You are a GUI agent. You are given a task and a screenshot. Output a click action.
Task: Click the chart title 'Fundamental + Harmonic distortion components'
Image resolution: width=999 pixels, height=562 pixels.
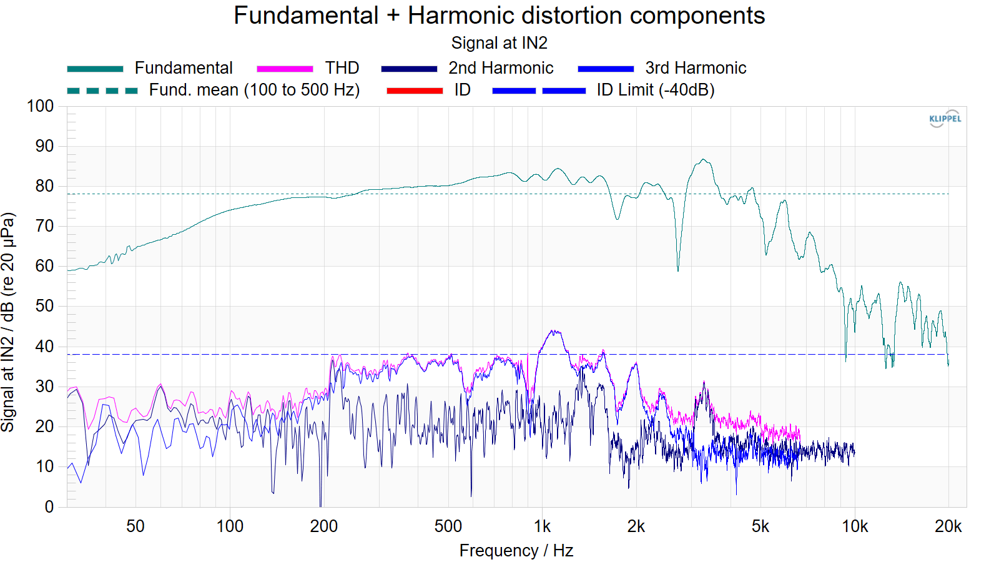point(499,16)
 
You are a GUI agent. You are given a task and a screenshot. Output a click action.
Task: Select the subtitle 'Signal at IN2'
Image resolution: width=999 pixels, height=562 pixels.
point(499,43)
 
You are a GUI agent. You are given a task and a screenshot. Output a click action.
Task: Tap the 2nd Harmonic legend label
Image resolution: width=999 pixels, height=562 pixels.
point(501,68)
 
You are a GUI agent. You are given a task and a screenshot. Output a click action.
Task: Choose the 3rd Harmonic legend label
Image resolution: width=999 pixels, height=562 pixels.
point(696,68)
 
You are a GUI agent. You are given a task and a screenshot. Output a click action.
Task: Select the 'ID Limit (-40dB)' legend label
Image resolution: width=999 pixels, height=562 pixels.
point(656,90)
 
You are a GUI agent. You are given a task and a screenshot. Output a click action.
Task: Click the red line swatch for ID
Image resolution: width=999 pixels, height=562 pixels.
point(415,91)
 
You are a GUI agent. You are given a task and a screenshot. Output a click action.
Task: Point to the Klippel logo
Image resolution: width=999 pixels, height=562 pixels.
point(945,119)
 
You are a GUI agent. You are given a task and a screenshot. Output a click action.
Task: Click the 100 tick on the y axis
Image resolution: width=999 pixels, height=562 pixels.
point(40,107)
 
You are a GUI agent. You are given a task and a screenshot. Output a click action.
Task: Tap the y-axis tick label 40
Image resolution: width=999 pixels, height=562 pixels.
point(44,347)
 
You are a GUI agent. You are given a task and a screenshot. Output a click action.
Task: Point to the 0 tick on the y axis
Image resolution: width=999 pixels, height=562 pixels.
point(49,506)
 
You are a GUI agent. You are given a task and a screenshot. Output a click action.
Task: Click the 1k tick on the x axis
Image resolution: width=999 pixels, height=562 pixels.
point(542,527)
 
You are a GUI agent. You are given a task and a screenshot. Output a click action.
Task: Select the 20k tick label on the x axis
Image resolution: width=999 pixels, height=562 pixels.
point(948,527)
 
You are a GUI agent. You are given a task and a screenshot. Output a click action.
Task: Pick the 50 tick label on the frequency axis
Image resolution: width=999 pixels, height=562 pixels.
point(135,527)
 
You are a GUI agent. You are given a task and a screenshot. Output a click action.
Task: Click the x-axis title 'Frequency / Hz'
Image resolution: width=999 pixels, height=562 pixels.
point(516,551)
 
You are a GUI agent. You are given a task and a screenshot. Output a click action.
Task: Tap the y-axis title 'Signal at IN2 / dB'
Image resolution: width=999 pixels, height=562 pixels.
point(7,322)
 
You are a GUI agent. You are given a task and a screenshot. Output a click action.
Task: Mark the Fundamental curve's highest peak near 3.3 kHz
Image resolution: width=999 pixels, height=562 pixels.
point(703,159)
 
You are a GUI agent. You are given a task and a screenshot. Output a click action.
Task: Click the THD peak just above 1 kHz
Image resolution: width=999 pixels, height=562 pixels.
point(553,331)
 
